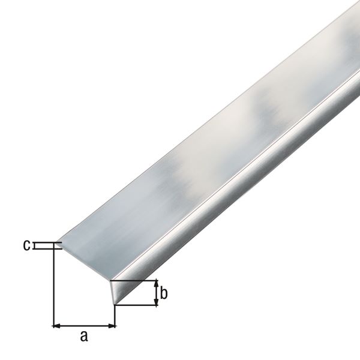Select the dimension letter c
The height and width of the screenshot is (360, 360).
tap(26, 245)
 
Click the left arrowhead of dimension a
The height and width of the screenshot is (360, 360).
tap(57, 326)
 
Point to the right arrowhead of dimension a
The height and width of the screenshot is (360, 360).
tap(112, 326)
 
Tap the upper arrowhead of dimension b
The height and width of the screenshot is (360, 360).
tap(157, 284)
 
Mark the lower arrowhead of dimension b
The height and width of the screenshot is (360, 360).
tap(157, 302)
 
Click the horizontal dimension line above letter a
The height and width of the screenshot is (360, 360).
tap(85, 326)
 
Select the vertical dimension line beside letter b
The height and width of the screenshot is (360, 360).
tap(157, 293)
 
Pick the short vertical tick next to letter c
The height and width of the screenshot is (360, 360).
tap(35, 245)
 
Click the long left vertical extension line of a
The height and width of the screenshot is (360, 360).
tap(54, 288)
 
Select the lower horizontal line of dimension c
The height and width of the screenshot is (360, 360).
tap(45, 247)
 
